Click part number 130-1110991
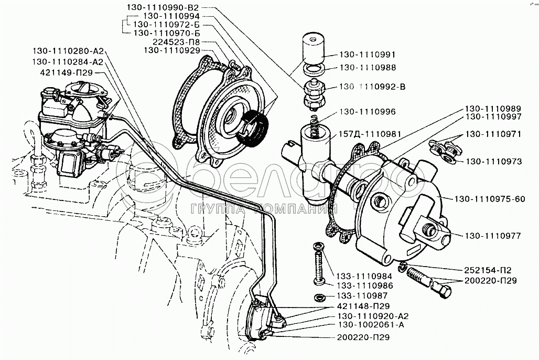(368, 54)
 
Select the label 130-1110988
(368, 68)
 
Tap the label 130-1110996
(368, 112)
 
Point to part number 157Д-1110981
(371, 134)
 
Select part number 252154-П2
(487, 270)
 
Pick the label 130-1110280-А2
(69, 51)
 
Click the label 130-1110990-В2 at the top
(163, 8)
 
